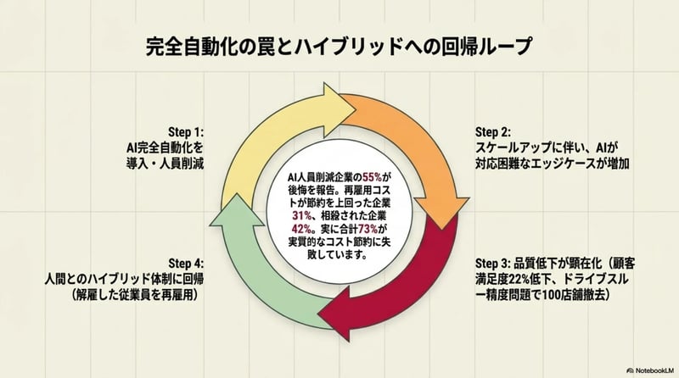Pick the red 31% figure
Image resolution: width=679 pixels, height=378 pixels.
294,215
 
